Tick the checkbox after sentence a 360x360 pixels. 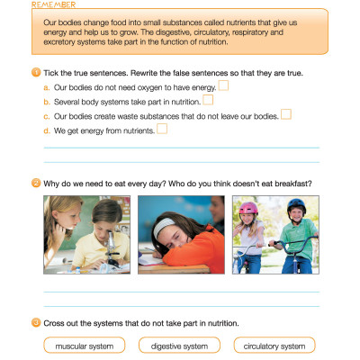click(x=224, y=85)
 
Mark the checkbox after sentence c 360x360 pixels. click(x=286, y=114)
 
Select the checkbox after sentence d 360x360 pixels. click(x=162, y=129)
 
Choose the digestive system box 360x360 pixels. click(x=180, y=346)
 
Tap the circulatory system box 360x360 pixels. click(x=274, y=346)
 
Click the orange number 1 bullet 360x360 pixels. click(x=35, y=71)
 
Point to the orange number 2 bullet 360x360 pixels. click(x=35, y=184)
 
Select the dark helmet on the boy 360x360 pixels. click(x=296, y=206)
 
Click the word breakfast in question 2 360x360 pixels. click(x=290, y=184)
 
